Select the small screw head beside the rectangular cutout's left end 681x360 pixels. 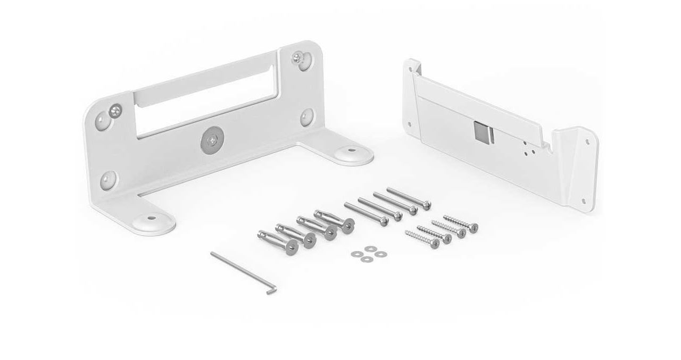click(x=114, y=110)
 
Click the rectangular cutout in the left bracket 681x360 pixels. click(x=205, y=101)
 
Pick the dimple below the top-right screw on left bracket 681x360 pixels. click(x=307, y=116)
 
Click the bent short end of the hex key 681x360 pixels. click(x=272, y=289)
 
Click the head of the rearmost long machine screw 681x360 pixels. click(x=426, y=205)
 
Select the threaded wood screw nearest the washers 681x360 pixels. click(x=435, y=243)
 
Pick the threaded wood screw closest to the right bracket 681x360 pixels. click(x=473, y=228)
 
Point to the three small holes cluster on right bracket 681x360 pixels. click(x=527, y=148)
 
